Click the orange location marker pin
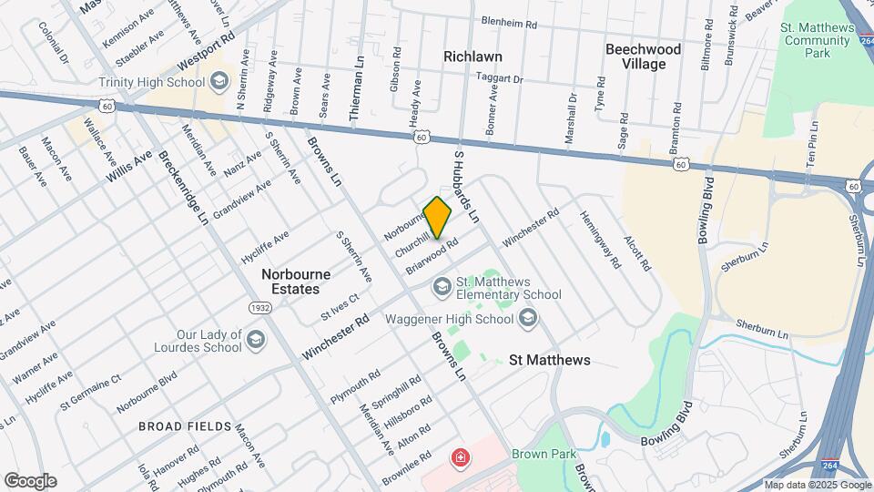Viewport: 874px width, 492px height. (x=438, y=217)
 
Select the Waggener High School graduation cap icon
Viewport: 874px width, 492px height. (x=528, y=319)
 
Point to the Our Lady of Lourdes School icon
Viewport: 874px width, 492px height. (x=256, y=341)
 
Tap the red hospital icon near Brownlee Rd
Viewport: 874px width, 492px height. (x=462, y=456)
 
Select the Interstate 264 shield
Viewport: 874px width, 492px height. (x=830, y=465)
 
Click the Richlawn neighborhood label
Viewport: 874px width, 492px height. (x=473, y=56)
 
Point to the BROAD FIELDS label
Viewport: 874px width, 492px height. (x=178, y=425)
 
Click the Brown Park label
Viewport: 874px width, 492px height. (x=538, y=453)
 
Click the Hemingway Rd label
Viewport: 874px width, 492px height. (x=600, y=240)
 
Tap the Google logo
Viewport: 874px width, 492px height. (x=30, y=480)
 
